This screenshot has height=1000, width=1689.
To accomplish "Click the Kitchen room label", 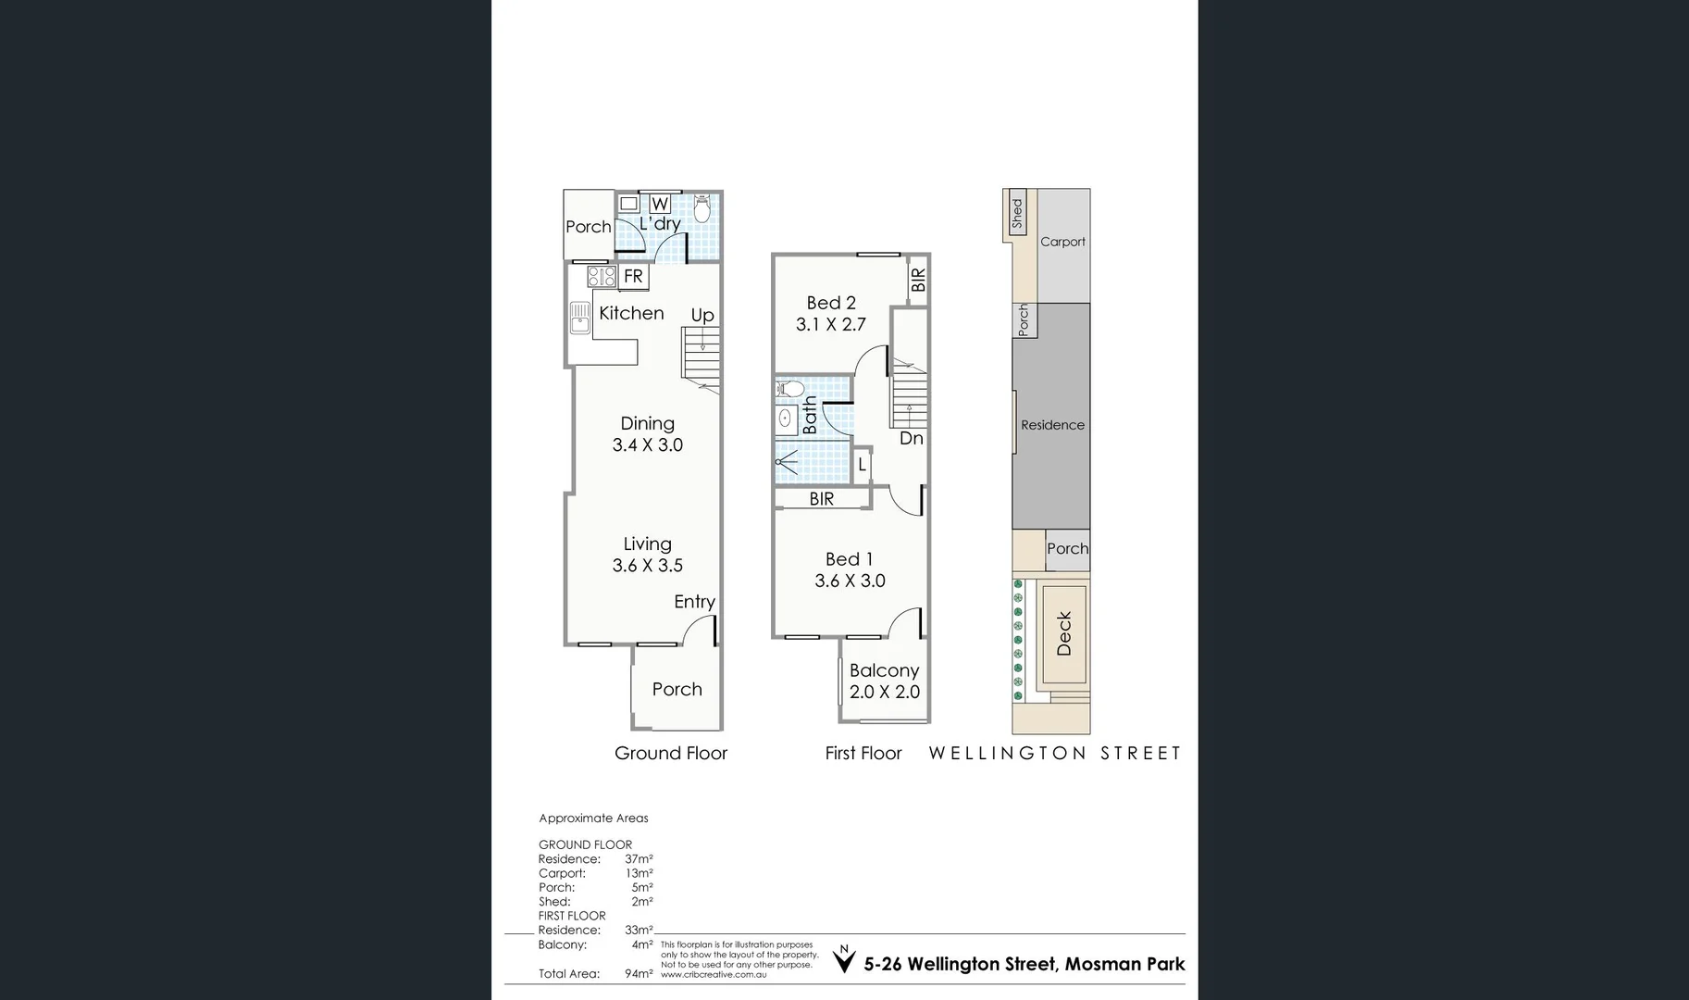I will coord(631,313).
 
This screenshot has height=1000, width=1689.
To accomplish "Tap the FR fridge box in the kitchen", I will coord(633,276).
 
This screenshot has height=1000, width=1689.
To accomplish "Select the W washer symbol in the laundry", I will coord(659,204).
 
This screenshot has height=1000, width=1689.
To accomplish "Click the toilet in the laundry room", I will coord(702,209).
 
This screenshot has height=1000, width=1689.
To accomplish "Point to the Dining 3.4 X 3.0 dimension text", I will coord(647,445).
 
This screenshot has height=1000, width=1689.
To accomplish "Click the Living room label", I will coord(647,544).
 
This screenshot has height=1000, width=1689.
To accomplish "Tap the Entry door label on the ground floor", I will coord(694,602).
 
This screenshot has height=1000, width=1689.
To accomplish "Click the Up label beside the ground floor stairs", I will coord(702,315).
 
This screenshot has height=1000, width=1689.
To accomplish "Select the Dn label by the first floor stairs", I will coord(912,438).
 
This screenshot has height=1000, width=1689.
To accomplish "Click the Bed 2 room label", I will coord(831,303).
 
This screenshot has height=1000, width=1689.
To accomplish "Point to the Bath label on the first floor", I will coord(811,415).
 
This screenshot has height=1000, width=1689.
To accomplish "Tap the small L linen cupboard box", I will coord(862,465).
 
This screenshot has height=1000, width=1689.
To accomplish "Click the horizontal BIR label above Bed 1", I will coord(822,499).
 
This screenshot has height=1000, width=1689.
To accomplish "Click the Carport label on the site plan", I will coord(1062,242).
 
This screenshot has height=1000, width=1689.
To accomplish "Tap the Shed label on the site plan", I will coord(1017,213).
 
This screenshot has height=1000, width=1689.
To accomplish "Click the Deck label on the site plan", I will coord(1063,633).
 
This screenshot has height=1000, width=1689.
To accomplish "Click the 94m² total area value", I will coord(639,973).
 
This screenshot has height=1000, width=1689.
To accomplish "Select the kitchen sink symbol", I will coord(579,318).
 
